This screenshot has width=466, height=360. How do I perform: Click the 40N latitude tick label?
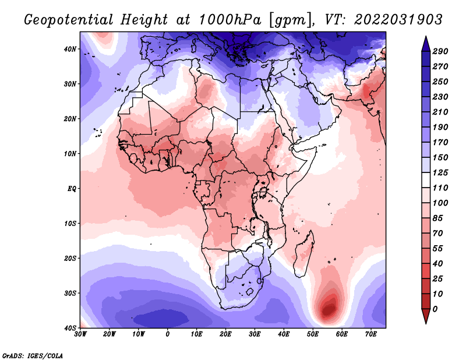(x=70, y=49)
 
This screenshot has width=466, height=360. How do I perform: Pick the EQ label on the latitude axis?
(x=71, y=189)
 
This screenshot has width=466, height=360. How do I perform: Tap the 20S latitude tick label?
(x=70, y=258)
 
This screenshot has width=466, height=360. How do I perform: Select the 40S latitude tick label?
(x=70, y=327)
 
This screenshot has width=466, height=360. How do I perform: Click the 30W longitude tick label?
(x=80, y=334)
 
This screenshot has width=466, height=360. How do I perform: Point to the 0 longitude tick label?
(x=168, y=334)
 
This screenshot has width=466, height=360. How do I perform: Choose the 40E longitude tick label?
(x=284, y=334)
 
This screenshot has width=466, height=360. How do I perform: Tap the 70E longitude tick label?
(x=371, y=334)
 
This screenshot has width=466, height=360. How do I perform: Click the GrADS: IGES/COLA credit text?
(x=32, y=355)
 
